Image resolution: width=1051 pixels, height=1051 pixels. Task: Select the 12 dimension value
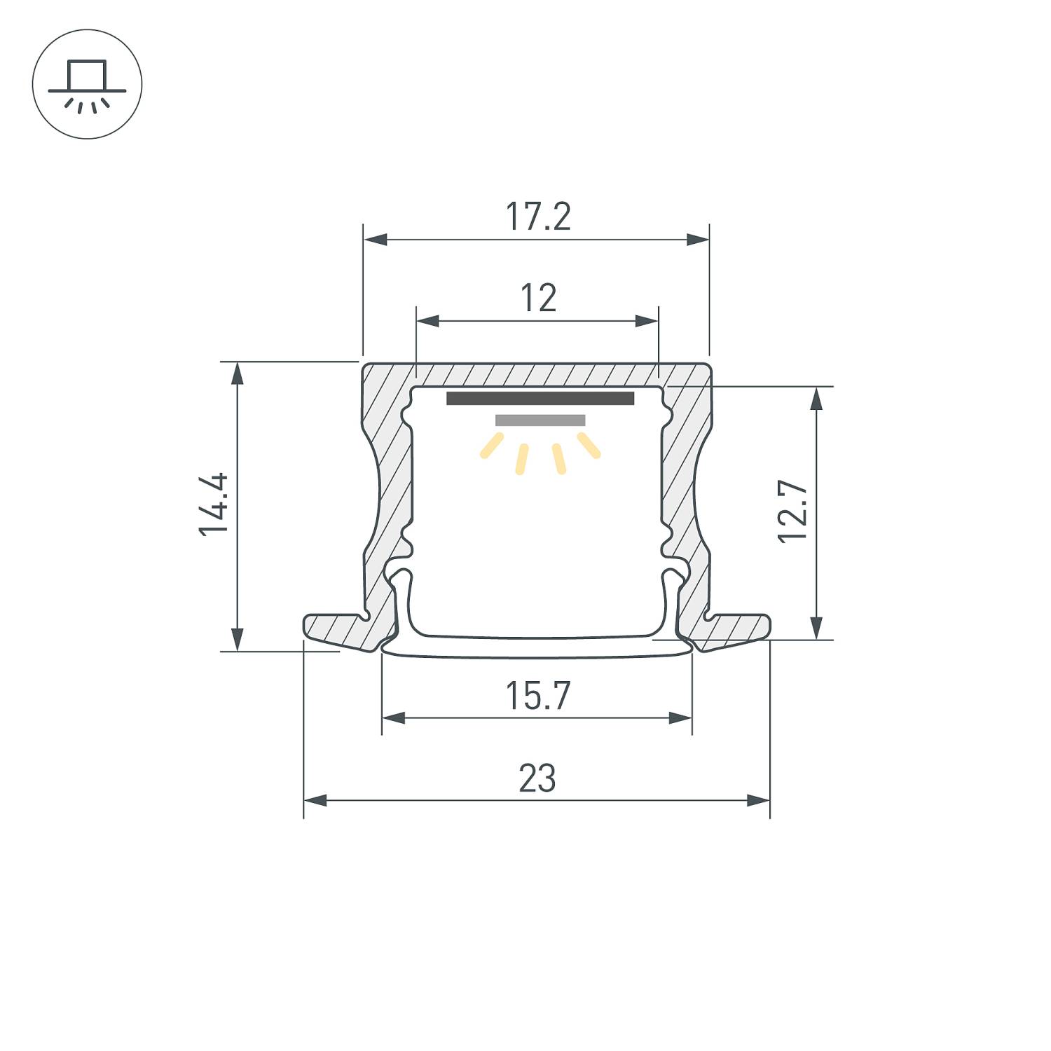pyautogui.click(x=538, y=298)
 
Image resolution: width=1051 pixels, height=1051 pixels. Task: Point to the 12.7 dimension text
pyautogui.click(x=794, y=511)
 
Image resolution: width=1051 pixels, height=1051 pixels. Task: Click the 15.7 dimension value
pyautogui.click(x=537, y=696)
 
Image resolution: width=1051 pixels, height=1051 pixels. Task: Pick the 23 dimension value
pyautogui.click(x=537, y=778)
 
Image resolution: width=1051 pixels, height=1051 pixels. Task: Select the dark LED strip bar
pyautogui.click(x=540, y=399)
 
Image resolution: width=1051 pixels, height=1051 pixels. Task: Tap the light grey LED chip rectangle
pyautogui.click(x=540, y=420)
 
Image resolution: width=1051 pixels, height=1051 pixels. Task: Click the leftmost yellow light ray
pyautogui.click(x=491, y=446)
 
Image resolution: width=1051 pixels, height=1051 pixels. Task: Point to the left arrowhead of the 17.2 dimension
pyautogui.click(x=376, y=240)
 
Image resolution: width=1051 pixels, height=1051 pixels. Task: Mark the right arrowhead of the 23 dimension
pyautogui.click(x=758, y=800)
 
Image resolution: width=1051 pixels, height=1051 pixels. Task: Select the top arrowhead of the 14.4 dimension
pyautogui.click(x=238, y=373)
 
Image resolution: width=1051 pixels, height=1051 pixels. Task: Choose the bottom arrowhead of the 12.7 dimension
pyautogui.click(x=816, y=627)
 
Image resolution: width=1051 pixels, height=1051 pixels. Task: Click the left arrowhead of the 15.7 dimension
pyautogui.click(x=394, y=717)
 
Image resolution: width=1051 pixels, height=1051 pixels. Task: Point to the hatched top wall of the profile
pyautogui.click(x=538, y=373)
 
